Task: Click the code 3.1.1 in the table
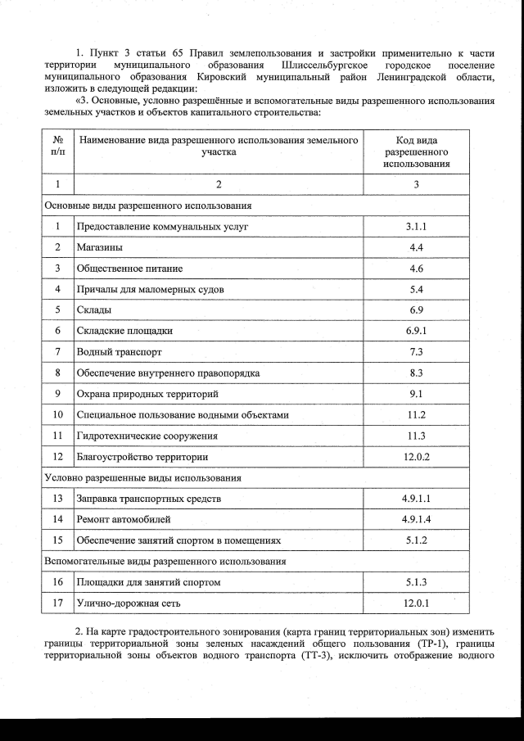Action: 416,226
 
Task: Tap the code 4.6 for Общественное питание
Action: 416,269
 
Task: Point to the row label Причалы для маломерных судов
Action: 150,289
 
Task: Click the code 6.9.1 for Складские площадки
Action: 416,331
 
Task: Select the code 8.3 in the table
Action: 416,373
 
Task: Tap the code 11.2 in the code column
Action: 416,415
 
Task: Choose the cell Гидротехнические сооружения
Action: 147,436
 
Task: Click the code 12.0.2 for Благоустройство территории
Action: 416,457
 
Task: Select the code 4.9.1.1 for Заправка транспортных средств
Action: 416,499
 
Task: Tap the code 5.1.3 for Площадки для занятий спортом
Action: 416,582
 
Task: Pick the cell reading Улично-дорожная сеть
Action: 128,603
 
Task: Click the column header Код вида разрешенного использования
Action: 416,152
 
